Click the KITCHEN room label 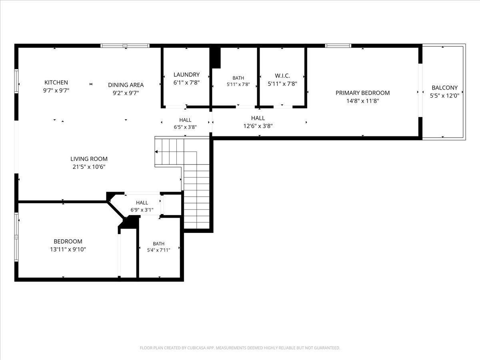tap(56, 82)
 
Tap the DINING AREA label tap(126, 85)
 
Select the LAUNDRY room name tap(186, 74)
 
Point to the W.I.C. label tap(282, 76)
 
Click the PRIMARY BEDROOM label tap(362, 93)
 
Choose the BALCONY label tap(444, 88)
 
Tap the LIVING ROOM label tap(89, 159)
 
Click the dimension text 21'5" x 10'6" tap(89, 167)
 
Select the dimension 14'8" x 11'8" tap(362, 101)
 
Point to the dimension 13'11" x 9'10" tap(68, 249)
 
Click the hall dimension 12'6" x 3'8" tap(258, 126)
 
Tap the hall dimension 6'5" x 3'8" tap(185, 127)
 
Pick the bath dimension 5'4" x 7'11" tap(158, 250)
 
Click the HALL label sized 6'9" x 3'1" tap(142, 203)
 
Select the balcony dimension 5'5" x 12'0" tap(444, 96)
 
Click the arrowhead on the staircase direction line tap(156, 152)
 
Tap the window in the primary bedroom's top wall tap(338, 46)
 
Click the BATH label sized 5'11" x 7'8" tap(238, 78)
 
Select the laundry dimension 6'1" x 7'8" tap(186, 83)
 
